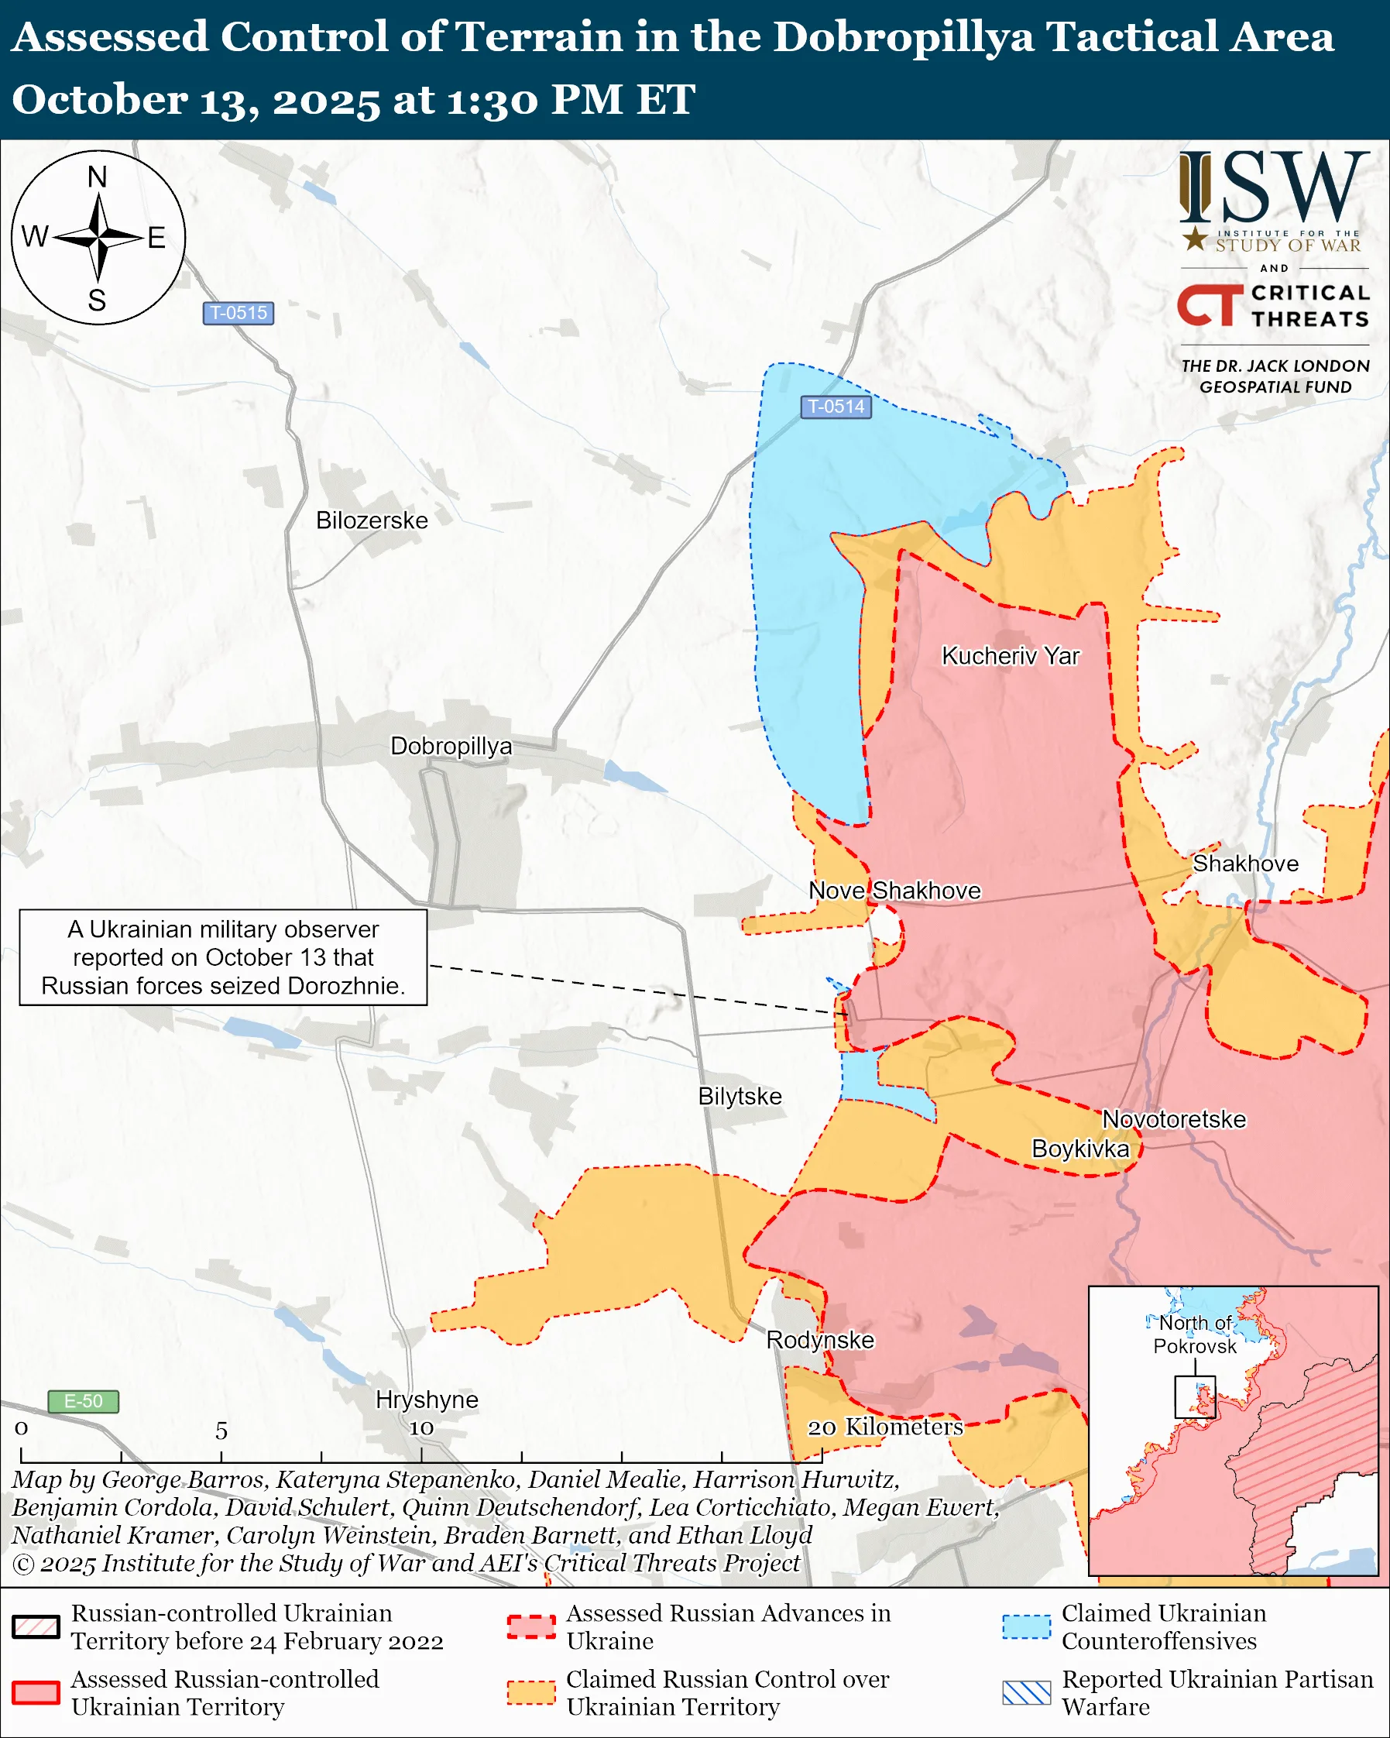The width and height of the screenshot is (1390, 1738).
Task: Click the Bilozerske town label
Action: click(372, 520)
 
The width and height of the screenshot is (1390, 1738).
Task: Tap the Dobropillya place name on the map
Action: click(451, 747)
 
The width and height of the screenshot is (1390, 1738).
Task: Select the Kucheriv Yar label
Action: click(1011, 656)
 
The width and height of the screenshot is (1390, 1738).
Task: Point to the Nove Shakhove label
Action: click(894, 891)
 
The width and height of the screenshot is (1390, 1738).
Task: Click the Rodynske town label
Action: click(819, 1340)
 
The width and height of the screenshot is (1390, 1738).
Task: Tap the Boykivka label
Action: click(1079, 1149)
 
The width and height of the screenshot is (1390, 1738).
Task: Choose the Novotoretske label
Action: click(1173, 1120)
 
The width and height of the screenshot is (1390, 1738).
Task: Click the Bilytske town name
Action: click(740, 1097)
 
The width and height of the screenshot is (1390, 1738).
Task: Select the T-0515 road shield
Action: click(238, 313)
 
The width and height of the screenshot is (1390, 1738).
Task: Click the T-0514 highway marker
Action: click(836, 407)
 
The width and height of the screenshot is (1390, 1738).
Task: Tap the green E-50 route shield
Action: click(83, 1401)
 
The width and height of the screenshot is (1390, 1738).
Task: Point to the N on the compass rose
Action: click(98, 177)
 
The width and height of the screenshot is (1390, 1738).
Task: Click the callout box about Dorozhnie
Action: click(223, 957)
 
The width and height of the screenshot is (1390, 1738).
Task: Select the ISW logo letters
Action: click(1273, 188)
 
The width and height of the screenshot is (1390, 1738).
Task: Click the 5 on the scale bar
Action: click(221, 1431)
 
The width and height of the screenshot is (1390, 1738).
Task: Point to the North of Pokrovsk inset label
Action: click(1195, 1334)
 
